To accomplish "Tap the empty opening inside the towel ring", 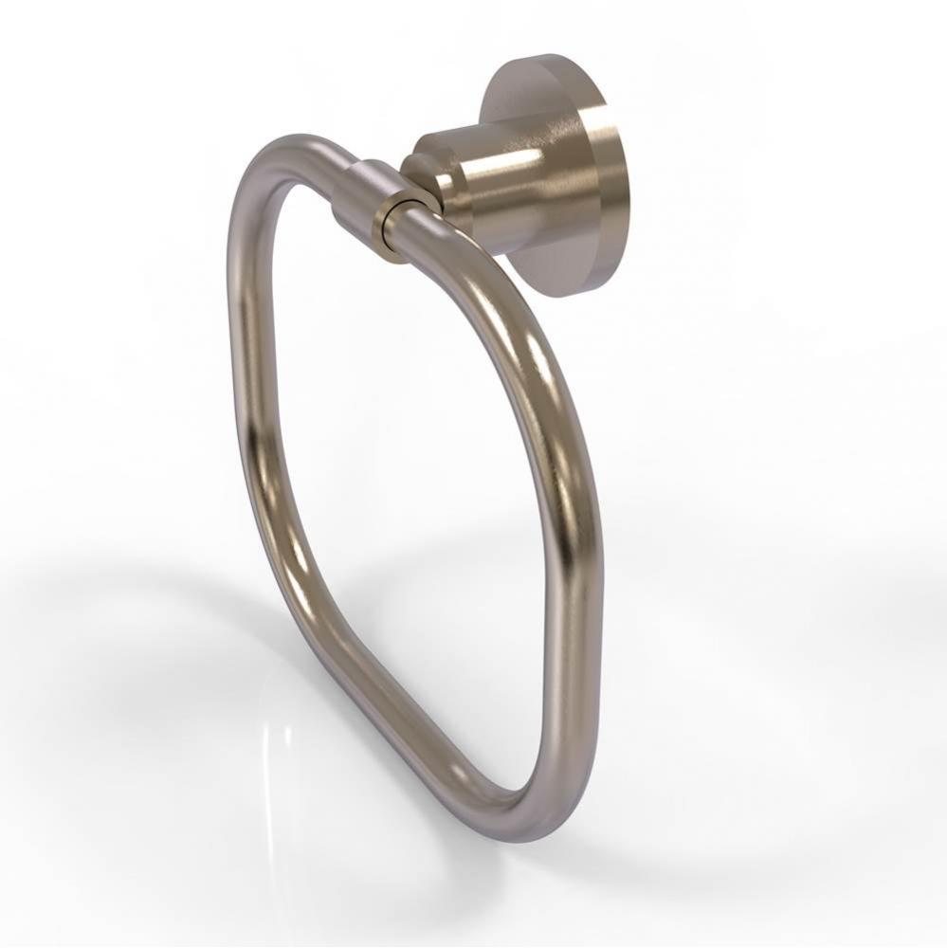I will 398,455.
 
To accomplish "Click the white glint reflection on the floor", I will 275,749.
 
